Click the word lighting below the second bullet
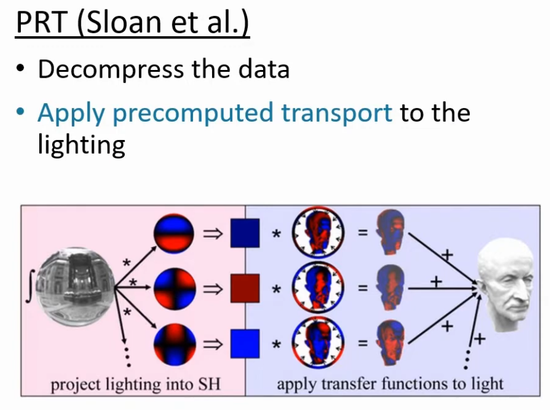click(x=81, y=144)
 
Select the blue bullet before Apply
click(x=21, y=112)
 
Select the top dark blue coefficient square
click(x=245, y=233)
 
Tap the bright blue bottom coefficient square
click(x=245, y=344)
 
